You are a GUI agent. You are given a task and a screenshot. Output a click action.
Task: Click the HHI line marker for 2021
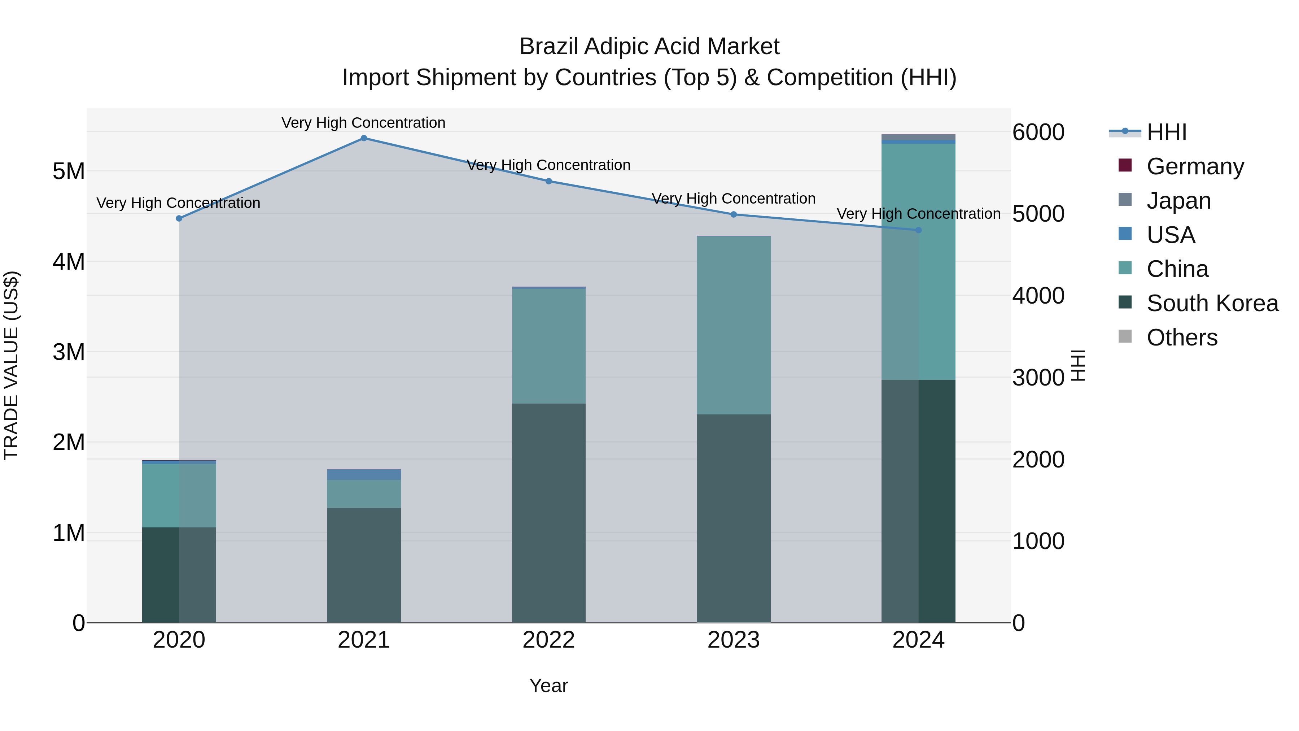(364, 138)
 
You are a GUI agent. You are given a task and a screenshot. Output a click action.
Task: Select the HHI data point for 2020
(179, 218)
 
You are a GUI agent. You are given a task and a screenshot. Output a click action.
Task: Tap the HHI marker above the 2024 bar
(918, 230)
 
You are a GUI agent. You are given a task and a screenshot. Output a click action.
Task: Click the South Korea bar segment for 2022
(548, 512)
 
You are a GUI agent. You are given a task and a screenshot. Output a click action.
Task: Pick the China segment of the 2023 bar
(734, 325)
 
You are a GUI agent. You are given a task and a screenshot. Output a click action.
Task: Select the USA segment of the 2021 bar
(364, 475)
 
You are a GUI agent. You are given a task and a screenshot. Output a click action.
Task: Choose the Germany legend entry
(1195, 166)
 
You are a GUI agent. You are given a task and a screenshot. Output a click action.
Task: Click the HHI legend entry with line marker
(1166, 132)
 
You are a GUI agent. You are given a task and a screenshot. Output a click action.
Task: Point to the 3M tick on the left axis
(69, 352)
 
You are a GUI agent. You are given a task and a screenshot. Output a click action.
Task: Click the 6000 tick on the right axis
(1038, 132)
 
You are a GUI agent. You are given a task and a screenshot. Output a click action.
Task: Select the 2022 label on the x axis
(548, 640)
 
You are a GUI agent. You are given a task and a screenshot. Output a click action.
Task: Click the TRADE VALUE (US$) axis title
(11, 365)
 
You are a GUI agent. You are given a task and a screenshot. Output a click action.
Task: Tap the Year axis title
(548, 686)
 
